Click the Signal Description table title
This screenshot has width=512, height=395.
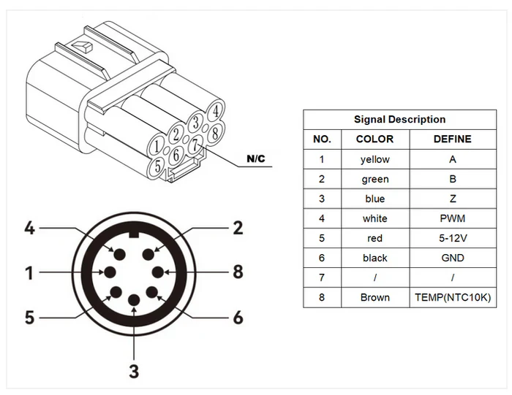pos(399,119)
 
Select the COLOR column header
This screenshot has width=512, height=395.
pos(374,139)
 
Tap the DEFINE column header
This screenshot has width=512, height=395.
pos(452,139)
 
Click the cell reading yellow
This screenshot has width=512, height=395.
pos(374,159)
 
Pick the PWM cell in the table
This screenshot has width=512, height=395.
pos(452,218)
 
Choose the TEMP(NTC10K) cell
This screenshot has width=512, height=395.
pos(452,297)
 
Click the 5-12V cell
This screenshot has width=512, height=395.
pos(452,238)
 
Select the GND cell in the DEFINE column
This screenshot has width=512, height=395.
pos(452,258)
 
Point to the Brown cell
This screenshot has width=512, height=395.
pos(374,297)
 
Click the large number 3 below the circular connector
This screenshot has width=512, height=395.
pos(134,371)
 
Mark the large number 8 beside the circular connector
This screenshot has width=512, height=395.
pos(237,272)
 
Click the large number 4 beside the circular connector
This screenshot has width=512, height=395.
pos(29,228)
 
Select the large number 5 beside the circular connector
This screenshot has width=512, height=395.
pos(29,318)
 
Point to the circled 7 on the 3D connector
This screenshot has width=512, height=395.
pos(193,145)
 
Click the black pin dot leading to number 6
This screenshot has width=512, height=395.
pos(152,294)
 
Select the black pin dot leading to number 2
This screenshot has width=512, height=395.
pos(149,253)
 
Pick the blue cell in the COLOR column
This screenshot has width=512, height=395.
pos(374,199)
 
